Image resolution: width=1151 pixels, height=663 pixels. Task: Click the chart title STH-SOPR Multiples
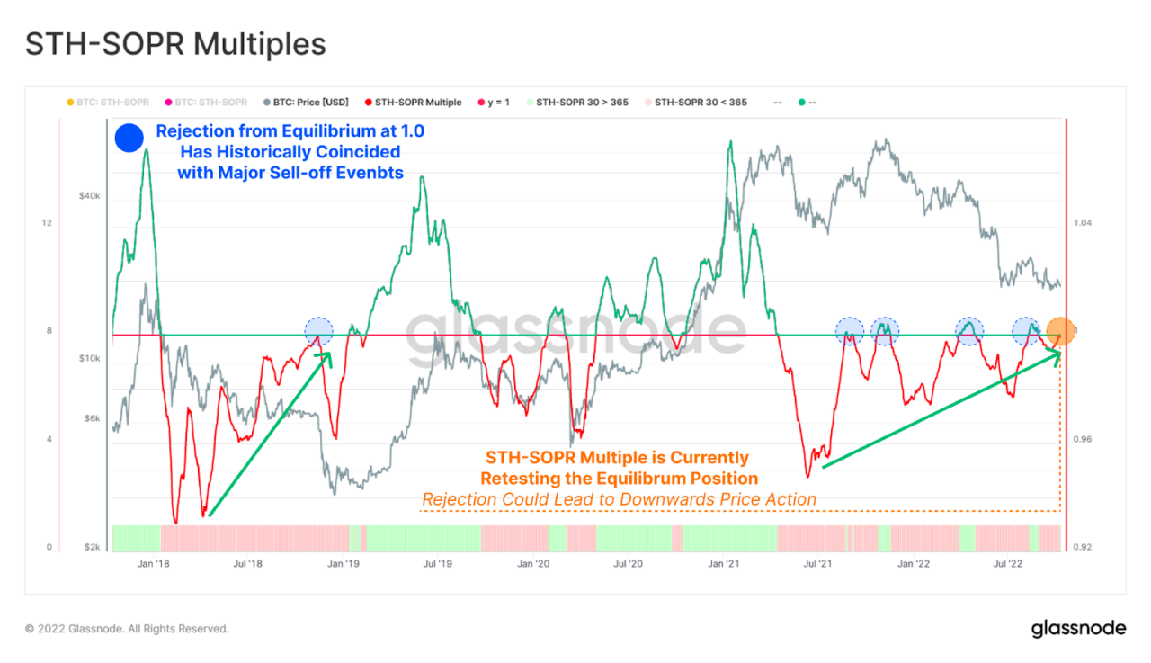click(174, 44)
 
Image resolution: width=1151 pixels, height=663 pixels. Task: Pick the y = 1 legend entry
click(494, 103)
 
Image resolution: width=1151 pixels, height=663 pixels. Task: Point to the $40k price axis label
click(88, 196)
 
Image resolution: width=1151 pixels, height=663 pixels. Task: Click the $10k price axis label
click(88, 359)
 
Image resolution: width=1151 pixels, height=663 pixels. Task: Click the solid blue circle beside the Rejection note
click(129, 138)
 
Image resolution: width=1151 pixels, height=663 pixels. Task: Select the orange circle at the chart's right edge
click(1060, 331)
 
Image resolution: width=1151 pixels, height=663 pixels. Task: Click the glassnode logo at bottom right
click(1077, 628)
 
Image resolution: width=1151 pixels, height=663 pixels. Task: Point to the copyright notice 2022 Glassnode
click(127, 629)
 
